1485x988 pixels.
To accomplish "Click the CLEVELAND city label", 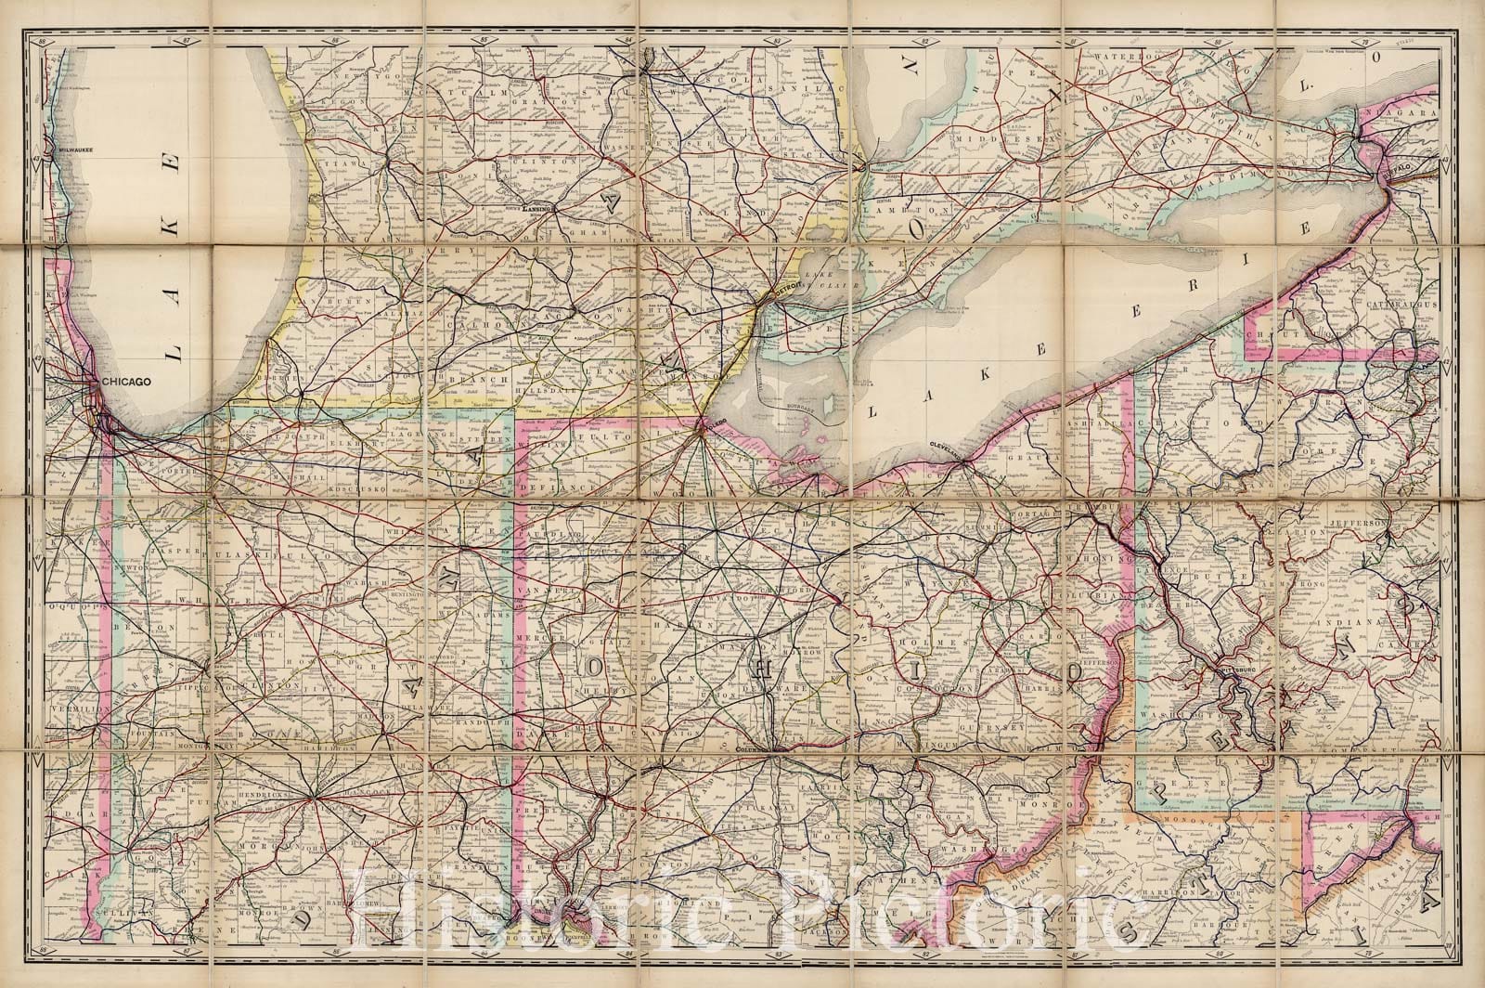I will click(x=948, y=448).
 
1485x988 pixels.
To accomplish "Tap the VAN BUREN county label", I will click(x=342, y=303).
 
